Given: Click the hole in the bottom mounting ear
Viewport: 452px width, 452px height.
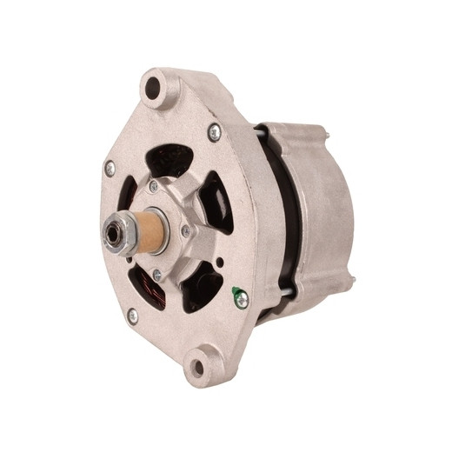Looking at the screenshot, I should pos(198,367).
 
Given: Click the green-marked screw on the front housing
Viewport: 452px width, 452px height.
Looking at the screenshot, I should pos(240,298).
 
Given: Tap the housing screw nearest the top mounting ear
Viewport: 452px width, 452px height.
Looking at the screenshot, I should pos(214,131).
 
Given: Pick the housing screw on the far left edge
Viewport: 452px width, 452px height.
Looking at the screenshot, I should pos(110,169).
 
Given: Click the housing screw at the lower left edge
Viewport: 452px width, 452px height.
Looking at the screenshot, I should pos(132,316).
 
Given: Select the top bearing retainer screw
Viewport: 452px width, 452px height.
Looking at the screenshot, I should pos(154,186).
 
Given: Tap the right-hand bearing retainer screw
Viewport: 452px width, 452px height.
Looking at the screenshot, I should pos(185,231).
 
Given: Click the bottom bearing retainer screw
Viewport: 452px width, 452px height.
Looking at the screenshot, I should pos(156,276).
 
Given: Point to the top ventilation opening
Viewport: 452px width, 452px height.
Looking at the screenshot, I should pos(170,161).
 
